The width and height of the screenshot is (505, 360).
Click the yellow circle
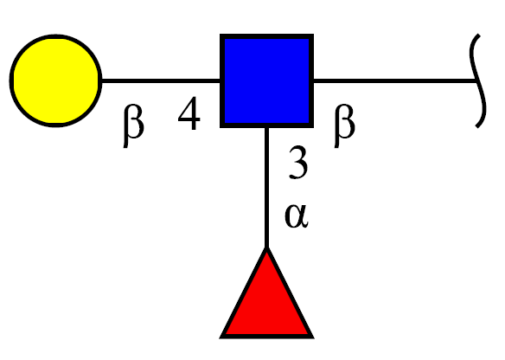point(55,80)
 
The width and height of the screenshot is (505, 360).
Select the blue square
point(266,80)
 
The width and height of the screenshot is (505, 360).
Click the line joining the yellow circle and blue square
point(161,80)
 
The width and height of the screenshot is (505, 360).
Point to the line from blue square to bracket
point(395,80)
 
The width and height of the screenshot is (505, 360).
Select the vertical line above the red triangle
point(266,188)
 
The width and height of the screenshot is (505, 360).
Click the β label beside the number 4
point(134,125)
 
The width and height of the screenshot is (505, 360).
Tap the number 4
point(189,113)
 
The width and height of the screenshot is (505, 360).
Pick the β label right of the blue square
point(345,125)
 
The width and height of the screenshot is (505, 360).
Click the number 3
point(298,162)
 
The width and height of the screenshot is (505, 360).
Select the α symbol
point(297,216)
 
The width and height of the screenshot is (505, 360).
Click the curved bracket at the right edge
point(476,80)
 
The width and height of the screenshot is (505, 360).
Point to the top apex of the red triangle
point(266,247)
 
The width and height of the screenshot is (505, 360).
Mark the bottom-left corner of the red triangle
point(220,338)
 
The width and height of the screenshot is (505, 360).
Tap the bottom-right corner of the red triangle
point(314,338)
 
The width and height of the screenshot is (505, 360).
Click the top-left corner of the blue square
point(221,34)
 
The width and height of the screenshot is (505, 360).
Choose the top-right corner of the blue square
point(314,34)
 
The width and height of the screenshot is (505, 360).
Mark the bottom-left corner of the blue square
point(221,127)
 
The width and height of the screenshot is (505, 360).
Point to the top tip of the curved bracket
point(479,35)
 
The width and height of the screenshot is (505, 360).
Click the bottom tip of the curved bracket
point(477,127)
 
